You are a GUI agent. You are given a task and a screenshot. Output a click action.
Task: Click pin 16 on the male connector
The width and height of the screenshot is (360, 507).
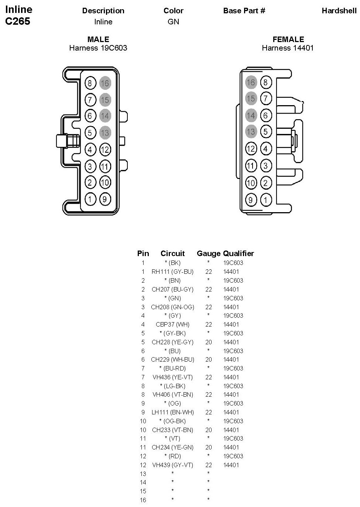tap(105, 83)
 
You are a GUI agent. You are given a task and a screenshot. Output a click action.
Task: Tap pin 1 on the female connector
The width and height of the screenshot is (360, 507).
tap(265, 200)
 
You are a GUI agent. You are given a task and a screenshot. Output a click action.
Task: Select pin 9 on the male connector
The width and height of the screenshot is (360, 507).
tap(105, 199)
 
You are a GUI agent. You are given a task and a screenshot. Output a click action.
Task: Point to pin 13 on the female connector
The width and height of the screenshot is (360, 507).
tap(251, 131)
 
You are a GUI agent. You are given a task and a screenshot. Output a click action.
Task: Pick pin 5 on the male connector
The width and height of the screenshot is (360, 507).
tap(90, 132)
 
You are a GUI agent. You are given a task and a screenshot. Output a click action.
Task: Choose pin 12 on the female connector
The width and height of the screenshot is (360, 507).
tap(251, 149)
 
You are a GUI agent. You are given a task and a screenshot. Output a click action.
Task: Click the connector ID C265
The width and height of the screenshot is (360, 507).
tap(18, 21)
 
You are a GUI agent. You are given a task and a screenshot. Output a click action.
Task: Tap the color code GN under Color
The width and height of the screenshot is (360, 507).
tap(173, 22)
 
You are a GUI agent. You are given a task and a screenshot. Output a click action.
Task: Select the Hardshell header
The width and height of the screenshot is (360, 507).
tap(339, 11)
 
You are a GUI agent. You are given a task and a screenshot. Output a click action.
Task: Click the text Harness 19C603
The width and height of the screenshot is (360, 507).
tap(98, 48)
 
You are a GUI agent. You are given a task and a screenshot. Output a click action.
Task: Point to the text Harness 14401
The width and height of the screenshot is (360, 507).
tap(288, 48)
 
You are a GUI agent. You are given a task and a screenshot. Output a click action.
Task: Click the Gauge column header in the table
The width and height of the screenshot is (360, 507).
tap(209, 254)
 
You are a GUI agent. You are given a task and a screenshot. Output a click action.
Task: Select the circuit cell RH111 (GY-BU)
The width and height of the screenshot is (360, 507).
tap(172, 272)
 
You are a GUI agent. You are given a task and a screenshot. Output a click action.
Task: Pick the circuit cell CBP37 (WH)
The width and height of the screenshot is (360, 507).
tap(172, 324)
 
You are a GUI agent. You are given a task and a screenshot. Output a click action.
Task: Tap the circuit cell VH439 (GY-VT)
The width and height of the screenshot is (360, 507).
tap(172, 465)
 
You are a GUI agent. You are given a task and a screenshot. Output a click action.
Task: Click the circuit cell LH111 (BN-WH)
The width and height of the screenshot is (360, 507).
tap(172, 412)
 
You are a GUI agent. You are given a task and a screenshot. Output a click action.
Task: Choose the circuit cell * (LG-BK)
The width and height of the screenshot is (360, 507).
tap(172, 386)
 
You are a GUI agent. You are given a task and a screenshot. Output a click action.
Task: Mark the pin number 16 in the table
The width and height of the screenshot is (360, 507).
tap(143, 500)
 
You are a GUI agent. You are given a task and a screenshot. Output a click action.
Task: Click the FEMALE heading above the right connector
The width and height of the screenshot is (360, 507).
tap(288, 39)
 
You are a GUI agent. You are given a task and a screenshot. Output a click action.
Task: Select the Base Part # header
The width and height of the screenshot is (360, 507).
tap(244, 11)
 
